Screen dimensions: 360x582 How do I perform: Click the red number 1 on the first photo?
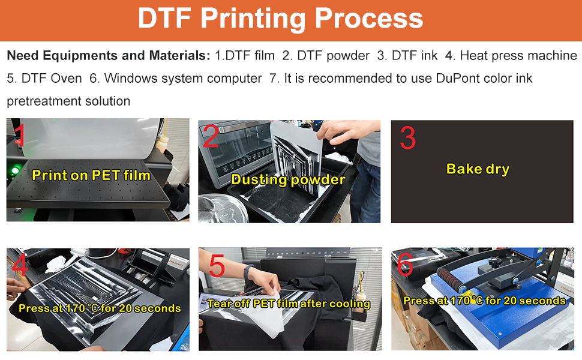pyautogui.click(x=20, y=136)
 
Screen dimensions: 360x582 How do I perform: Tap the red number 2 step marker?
pyautogui.click(x=211, y=137)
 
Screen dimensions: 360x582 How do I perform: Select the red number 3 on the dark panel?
pyautogui.click(x=407, y=139)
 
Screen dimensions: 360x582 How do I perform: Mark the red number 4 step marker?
pyautogui.click(x=20, y=266)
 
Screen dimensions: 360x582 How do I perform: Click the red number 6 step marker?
pyautogui.click(x=406, y=266)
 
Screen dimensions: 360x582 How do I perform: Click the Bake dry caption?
pyautogui.click(x=478, y=169)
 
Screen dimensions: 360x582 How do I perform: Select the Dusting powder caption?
pyautogui.click(x=288, y=179)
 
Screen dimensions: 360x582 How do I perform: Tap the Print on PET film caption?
pyautogui.click(x=91, y=175)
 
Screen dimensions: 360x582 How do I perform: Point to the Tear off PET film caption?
pyautogui.click(x=289, y=304)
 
